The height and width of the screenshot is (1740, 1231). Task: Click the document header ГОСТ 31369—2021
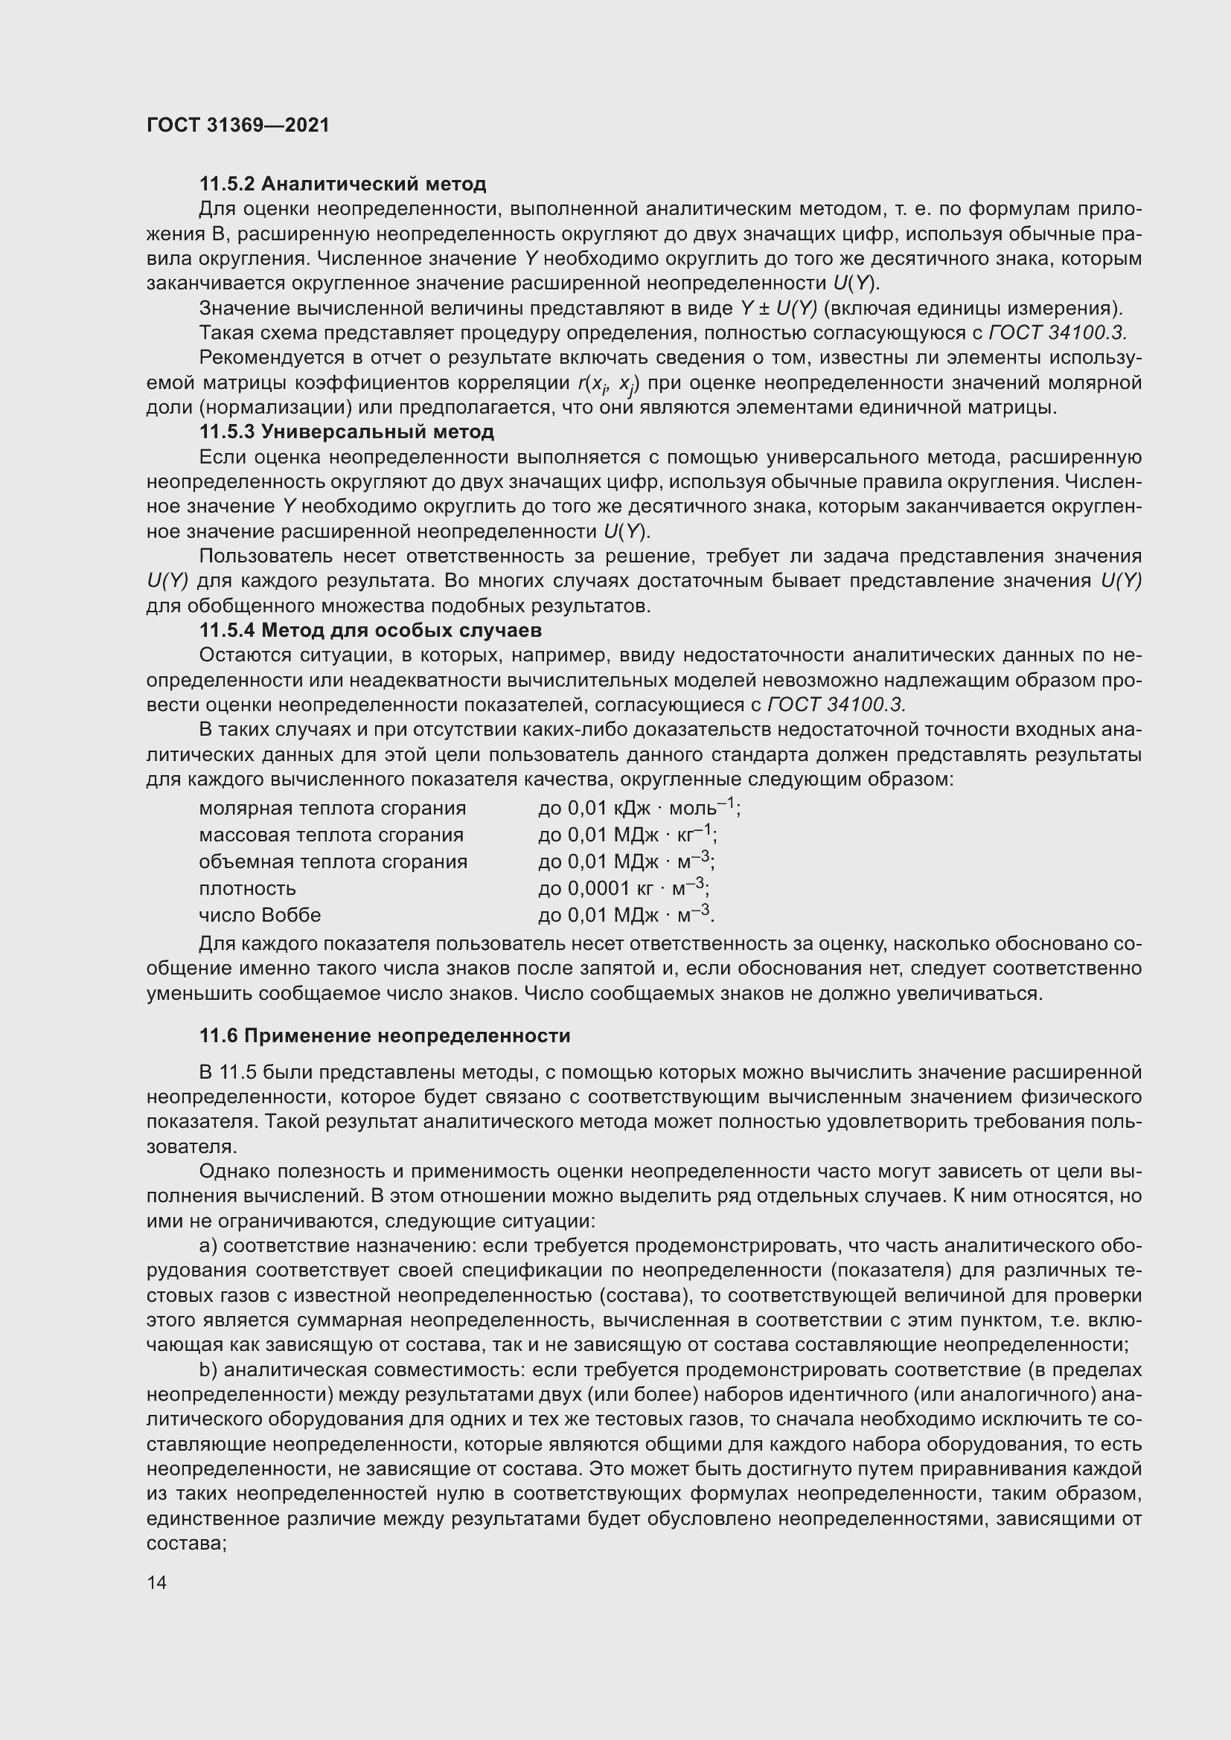(x=238, y=125)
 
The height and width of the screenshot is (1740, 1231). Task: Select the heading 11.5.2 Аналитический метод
(x=342, y=184)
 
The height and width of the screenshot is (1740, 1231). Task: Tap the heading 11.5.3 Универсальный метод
(x=346, y=432)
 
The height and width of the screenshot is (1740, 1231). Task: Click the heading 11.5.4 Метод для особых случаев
(x=370, y=630)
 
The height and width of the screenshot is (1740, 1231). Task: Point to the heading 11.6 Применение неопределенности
(x=384, y=1036)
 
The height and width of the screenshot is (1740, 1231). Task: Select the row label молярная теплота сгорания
(x=332, y=809)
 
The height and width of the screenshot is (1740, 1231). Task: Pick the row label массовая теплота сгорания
(x=331, y=835)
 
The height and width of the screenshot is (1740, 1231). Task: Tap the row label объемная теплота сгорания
(x=333, y=861)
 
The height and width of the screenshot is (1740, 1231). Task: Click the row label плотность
(x=247, y=888)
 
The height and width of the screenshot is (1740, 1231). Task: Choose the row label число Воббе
(x=260, y=916)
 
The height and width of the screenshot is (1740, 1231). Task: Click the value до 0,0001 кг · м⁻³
(x=623, y=887)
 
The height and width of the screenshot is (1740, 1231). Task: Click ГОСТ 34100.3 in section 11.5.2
(x=1058, y=333)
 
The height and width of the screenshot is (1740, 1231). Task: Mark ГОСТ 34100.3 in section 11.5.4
(x=836, y=704)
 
